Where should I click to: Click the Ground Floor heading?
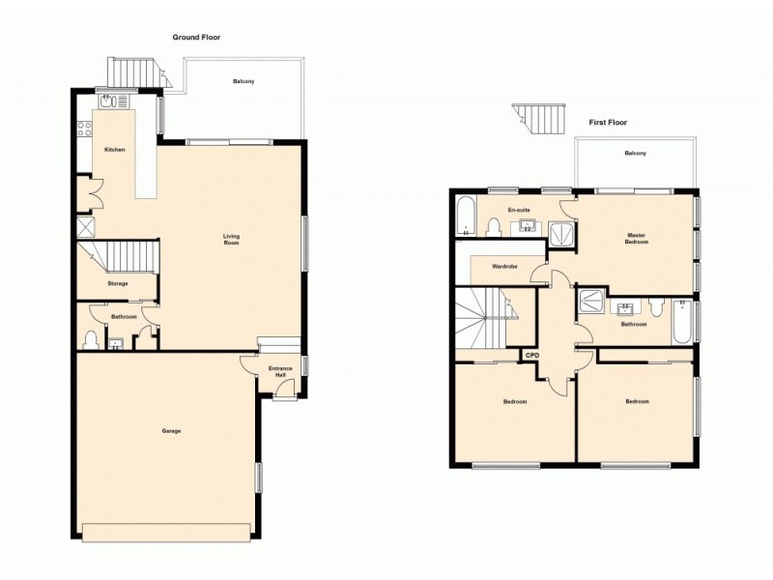pos(196,38)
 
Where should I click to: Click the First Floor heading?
pos(608,123)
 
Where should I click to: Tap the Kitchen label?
pos(115,150)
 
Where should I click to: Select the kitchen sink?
pos(107,101)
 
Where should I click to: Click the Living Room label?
pos(231,239)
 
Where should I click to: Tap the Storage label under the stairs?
pos(117,283)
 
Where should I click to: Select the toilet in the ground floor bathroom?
pos(92,338)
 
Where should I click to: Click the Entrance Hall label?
pos(279,370)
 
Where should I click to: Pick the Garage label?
pos(171,431)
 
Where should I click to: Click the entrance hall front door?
pos(281,390)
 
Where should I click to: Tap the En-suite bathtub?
pos(465,217)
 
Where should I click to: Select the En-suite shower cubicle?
pos(561,229)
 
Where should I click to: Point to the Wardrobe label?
pos(505,267)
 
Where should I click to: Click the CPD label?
pos(531,356)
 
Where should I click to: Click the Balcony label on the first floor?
pos(635,154)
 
